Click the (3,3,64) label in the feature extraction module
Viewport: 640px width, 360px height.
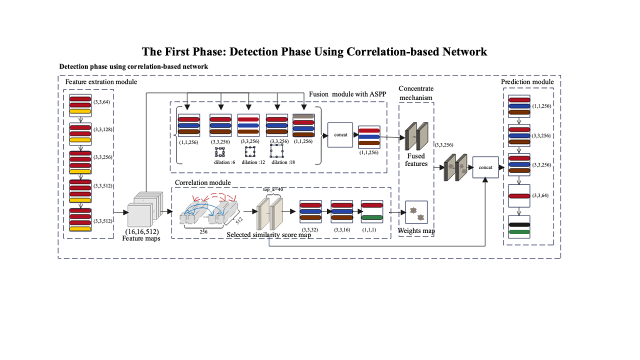pos(101,102)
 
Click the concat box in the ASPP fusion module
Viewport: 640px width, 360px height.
pos(340,135)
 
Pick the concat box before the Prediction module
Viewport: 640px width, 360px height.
pos(485,167)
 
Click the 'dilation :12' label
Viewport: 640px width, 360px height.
pos(253,162)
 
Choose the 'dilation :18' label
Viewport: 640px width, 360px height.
pos(283,162)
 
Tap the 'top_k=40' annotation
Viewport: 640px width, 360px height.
pos(273,190)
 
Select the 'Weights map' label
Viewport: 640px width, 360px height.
pos(415,230)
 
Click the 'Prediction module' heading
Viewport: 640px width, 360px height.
pos(527,81)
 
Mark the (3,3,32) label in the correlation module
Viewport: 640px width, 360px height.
pos(310,229)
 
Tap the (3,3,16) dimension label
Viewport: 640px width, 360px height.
pos(341,229)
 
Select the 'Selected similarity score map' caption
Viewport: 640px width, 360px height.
pos(268,234)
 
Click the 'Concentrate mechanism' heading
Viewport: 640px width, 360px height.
pos(416,92)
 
